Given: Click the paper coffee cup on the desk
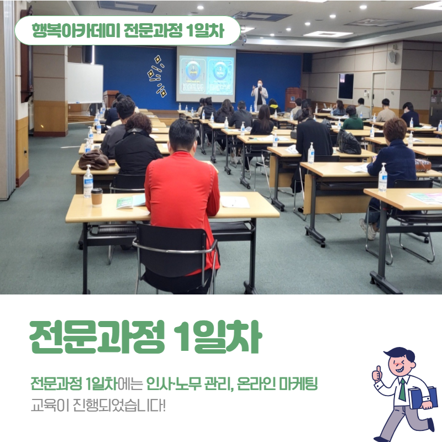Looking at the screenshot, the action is [97, 197].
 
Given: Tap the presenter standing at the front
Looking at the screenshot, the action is [259, 95].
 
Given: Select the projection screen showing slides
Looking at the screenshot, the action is [206, 75].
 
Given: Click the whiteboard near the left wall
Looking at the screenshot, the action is [85, 83].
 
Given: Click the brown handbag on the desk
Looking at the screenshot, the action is [94, 160].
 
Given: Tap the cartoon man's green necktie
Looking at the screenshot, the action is [402, 390].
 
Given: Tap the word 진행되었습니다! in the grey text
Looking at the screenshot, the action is [119, 406].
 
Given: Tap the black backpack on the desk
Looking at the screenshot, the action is [349, 142].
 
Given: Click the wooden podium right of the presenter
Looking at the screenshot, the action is [294, 99].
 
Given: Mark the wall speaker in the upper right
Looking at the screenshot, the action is [392, 56].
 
